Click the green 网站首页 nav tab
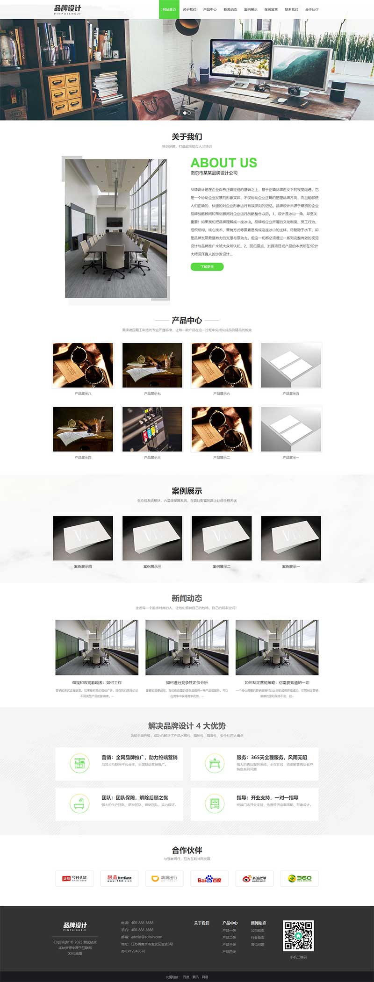tap(169, 9)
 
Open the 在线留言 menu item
tap(271, 9)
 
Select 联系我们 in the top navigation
tap(291, 9)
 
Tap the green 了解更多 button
tap(207, 267)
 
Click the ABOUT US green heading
tap(223, 163)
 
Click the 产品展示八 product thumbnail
tap(83, 366)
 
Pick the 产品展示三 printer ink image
tap(152, 429)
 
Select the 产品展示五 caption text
tap(291, 394)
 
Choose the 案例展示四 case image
tap(83, 538)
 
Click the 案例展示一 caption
tap(291, 566)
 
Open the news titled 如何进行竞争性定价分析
tap(187, 682)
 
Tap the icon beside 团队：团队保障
tap(79, 804)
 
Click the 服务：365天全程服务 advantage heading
tap(272, 757)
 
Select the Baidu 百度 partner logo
tap(209, 878)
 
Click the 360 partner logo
tap(299, 878)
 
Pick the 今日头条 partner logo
tap(74, 878)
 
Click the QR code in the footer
tap(298, 936)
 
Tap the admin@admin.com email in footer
tap(147, 937)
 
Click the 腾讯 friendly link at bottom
tap(195, 977)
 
